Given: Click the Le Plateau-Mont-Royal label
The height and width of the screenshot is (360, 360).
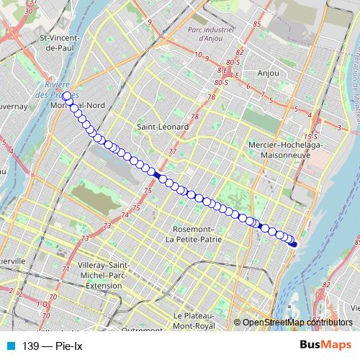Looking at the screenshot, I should tap(195, 320).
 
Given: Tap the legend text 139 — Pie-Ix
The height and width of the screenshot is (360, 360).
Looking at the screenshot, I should tap(53, 346).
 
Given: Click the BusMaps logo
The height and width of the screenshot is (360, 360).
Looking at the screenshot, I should tap(325, 346).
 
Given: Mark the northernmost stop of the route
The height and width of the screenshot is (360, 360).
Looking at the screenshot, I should tap(66, 96).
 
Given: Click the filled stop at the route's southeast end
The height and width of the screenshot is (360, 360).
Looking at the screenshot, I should tap(294, 244).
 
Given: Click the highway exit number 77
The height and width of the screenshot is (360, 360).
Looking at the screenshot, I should tap(171, 152).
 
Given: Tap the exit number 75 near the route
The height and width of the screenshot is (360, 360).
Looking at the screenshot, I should tap(147, 190).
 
